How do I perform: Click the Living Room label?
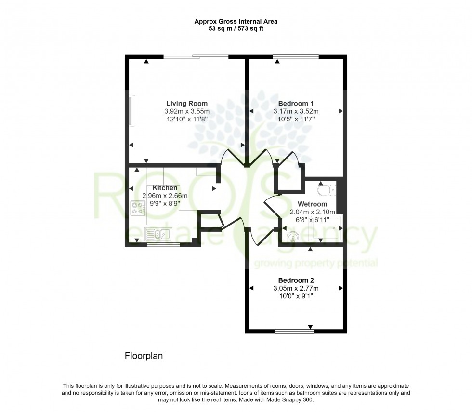[x=187, y=104]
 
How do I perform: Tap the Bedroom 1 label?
[x=296, y=104]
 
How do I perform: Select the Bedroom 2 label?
[x=296, y=280]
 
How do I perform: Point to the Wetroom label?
[x=312, y=204]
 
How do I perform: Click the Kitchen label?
[x=165, y=188]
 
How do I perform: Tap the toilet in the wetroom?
[x=327, y=189]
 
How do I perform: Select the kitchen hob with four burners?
[x=138, y=208]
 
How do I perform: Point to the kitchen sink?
[x=158, y=234]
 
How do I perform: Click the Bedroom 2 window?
[x=295, y=332]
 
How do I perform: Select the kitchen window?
[x=163, y=245]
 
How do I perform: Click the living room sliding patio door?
[x=196, y=56]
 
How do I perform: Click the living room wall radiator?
[x=132, y=110]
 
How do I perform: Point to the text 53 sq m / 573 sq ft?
[x=236, y=29]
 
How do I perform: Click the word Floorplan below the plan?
[x=144, y=356]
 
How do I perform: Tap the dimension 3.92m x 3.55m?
[x=187, y=111]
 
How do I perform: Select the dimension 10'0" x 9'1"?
[x=296, y=296]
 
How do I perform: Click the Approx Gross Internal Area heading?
[x=236, y=21]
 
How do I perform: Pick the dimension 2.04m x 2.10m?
[x=313, y=212]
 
